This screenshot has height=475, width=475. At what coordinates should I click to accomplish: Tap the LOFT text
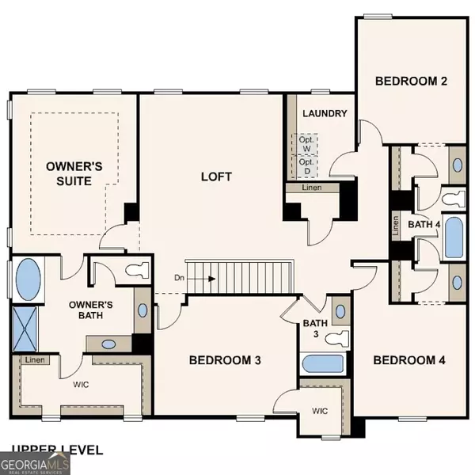pyautogui.click(x=216, y=176)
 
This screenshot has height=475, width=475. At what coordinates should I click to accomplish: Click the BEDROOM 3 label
pyautogui.click(x=225, y=360)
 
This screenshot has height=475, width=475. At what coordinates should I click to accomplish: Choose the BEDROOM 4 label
pyautogui.click(x=409, y=360)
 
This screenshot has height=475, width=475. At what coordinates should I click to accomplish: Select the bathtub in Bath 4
pyautogui.click(x=455, y=238)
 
